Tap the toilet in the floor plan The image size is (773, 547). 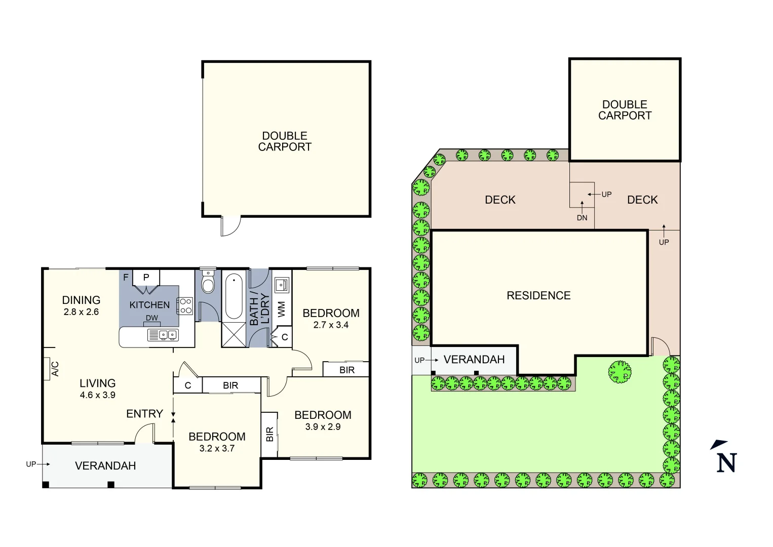pos(208,283)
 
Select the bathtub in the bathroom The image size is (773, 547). pos(234,296)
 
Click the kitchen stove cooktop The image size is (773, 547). pos(185,305)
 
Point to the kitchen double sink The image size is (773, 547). pos(163,335)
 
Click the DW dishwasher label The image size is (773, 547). pos(152,318)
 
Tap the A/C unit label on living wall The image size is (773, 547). pos(55,369)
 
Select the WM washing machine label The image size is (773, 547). pos(282,309)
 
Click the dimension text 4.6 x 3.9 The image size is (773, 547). pos(97,395)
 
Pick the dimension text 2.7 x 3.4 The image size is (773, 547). pos(331,325)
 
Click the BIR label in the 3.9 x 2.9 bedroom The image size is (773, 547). pos(269,434)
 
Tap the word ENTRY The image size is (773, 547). pos(144,414)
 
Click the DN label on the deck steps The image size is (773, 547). pos(582,218)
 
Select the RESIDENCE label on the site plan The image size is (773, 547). pos(538,296)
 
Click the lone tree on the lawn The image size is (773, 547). pos(620,372)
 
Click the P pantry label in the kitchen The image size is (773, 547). pos(146,278)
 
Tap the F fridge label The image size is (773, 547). pos(126,278)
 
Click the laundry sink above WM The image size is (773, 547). pos(281,285)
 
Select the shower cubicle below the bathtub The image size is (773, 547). pos(234,334)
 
